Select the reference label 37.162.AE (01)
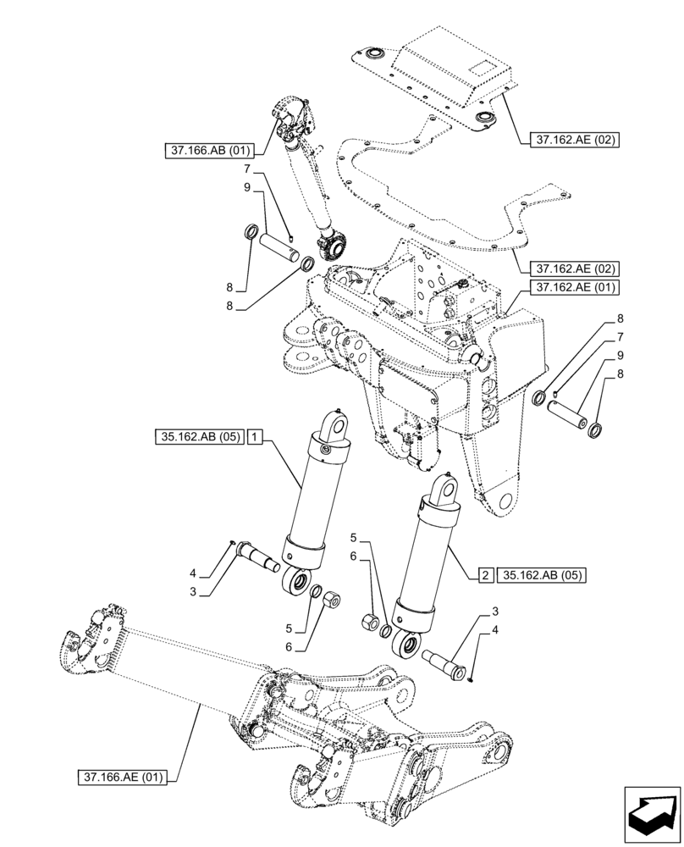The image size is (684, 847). pyautogui.click(x=576, y=288)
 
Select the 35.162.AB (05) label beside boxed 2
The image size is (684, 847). pyautogui.click(x=542, y=575)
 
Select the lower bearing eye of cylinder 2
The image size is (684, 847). pyautogui.click(x=405, y=646)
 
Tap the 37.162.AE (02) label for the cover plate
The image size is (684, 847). pyautogui.click(x=576, y=138)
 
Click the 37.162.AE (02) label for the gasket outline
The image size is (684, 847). pyautogui.click(x=576, y=268)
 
